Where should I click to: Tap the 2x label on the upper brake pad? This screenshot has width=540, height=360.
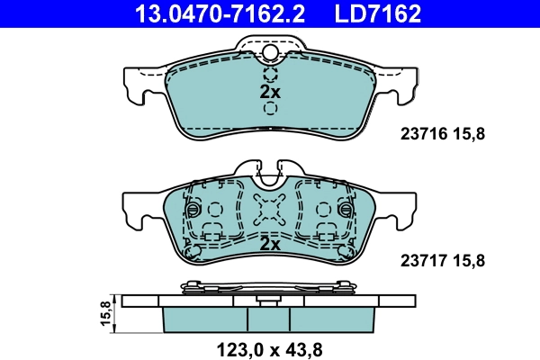pos(270,92)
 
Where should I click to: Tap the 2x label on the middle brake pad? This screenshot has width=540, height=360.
pos(270,243)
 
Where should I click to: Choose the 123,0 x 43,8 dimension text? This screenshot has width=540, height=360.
pos(270,346)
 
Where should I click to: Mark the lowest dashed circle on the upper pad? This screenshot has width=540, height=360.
pos(270,109)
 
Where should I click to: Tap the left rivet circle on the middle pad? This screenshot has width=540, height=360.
pos(191,210)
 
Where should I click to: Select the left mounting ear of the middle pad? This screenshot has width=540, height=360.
pos(136,212)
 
